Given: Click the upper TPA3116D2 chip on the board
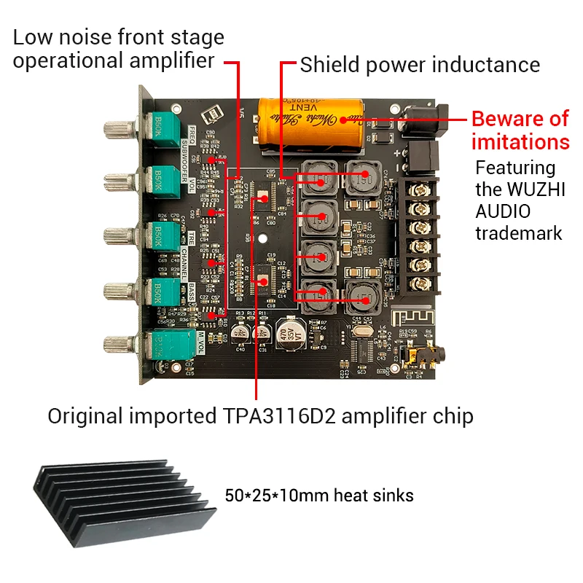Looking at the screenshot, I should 263,197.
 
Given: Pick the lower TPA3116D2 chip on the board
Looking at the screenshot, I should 263,275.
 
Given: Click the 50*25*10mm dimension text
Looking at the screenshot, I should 276,496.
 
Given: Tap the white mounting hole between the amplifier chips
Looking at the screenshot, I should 264,236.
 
